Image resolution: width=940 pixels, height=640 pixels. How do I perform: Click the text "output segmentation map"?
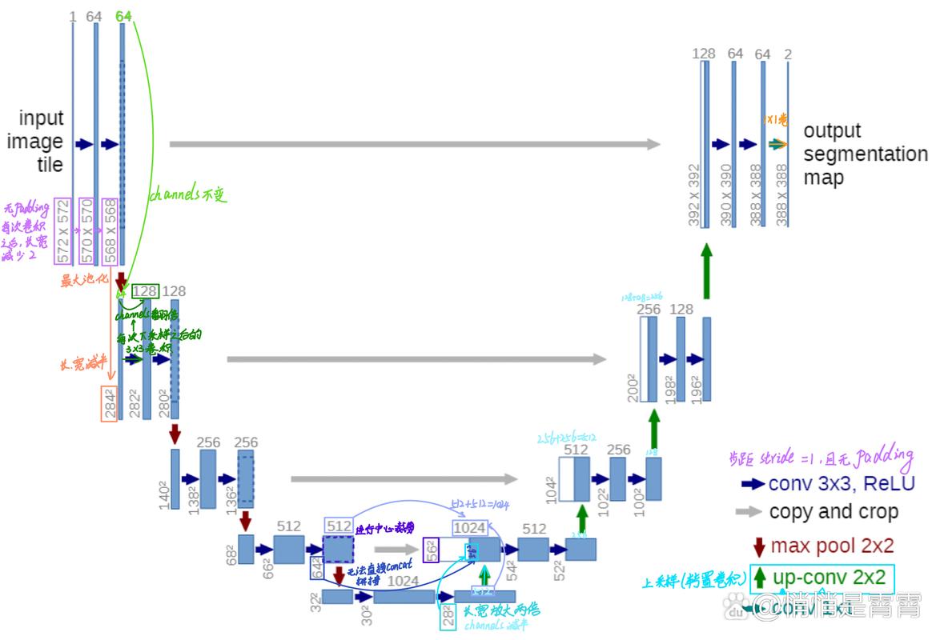[865, 154]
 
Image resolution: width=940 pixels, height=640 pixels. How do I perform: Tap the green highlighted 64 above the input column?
[123, 16]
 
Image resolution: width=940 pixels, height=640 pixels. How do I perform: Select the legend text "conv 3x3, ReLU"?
[841, 483]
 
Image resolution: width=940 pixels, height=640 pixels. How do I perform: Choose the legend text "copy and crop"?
[833, 512]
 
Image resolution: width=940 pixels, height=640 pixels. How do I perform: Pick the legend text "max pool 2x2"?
[832, 546]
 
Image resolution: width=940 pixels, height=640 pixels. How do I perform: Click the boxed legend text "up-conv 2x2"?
[830, 578]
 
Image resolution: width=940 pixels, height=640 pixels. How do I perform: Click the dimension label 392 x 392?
[694, 196]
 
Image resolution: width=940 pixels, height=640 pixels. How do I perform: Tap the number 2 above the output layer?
[788, 54]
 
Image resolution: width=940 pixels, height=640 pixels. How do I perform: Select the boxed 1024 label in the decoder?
[469, 528]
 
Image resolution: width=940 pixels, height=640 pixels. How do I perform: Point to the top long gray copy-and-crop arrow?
[415, 144]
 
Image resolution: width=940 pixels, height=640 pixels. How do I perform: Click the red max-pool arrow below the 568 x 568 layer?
[121, 282]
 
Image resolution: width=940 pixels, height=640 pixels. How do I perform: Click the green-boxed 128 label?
[145, 291]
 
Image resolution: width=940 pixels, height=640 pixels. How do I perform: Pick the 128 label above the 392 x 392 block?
[704, 54]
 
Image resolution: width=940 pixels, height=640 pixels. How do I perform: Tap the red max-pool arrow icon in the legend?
[760, 547]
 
